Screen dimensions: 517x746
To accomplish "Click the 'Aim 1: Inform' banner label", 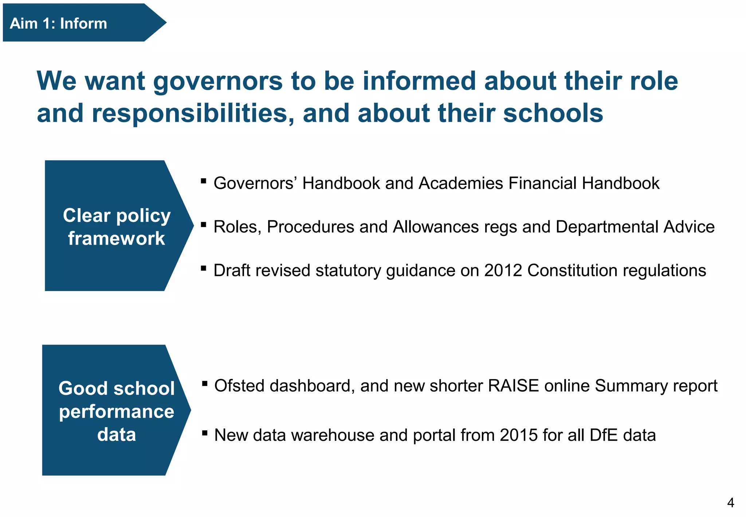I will (x=58, y=23).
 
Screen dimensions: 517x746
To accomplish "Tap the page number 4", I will (x=730, y=503).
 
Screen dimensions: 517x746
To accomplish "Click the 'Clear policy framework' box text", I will (x=117, y=226).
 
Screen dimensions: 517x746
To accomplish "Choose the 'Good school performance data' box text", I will (x=117, y=411).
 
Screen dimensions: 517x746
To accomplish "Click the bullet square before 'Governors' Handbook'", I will (x=204, y=180).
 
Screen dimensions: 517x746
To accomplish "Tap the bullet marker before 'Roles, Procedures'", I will (x=204, y=224).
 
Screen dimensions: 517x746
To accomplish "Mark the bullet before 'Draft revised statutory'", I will (x=204, y=268).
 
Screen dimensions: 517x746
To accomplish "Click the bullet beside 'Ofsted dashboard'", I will (x=205, y=383).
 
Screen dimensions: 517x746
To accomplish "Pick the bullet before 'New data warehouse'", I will (x=205, y=433).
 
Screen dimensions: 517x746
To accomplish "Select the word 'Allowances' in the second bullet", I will (x=436, y=227).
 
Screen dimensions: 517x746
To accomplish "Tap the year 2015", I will (x=518, y=435).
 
